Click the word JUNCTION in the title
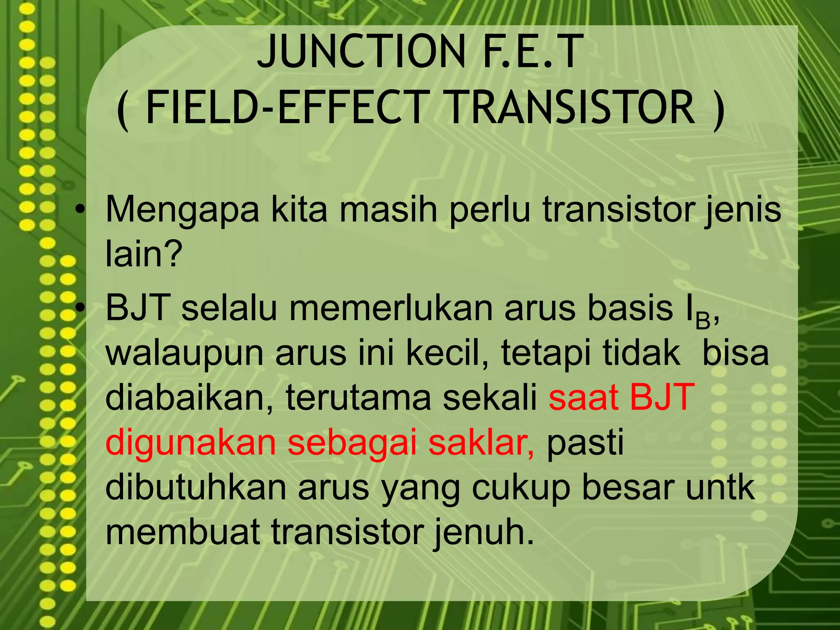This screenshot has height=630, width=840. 361,52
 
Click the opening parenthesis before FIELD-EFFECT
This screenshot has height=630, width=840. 123,110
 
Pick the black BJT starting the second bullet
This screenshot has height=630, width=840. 138,308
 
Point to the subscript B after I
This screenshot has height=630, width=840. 702,322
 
